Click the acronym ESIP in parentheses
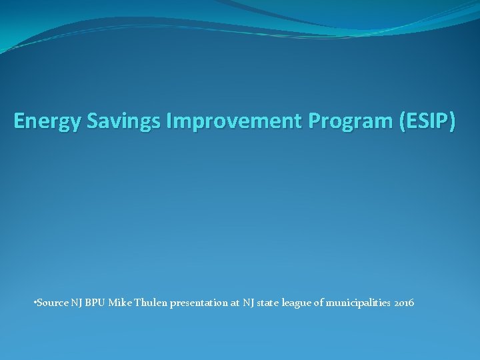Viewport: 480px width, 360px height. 422,121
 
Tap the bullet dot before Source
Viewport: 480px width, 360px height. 34,303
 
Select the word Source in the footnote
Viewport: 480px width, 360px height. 51,303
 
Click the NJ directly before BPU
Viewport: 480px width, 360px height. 75,303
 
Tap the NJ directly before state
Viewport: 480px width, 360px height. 248,303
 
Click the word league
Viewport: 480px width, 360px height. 299,303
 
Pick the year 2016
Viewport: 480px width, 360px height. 403,303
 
